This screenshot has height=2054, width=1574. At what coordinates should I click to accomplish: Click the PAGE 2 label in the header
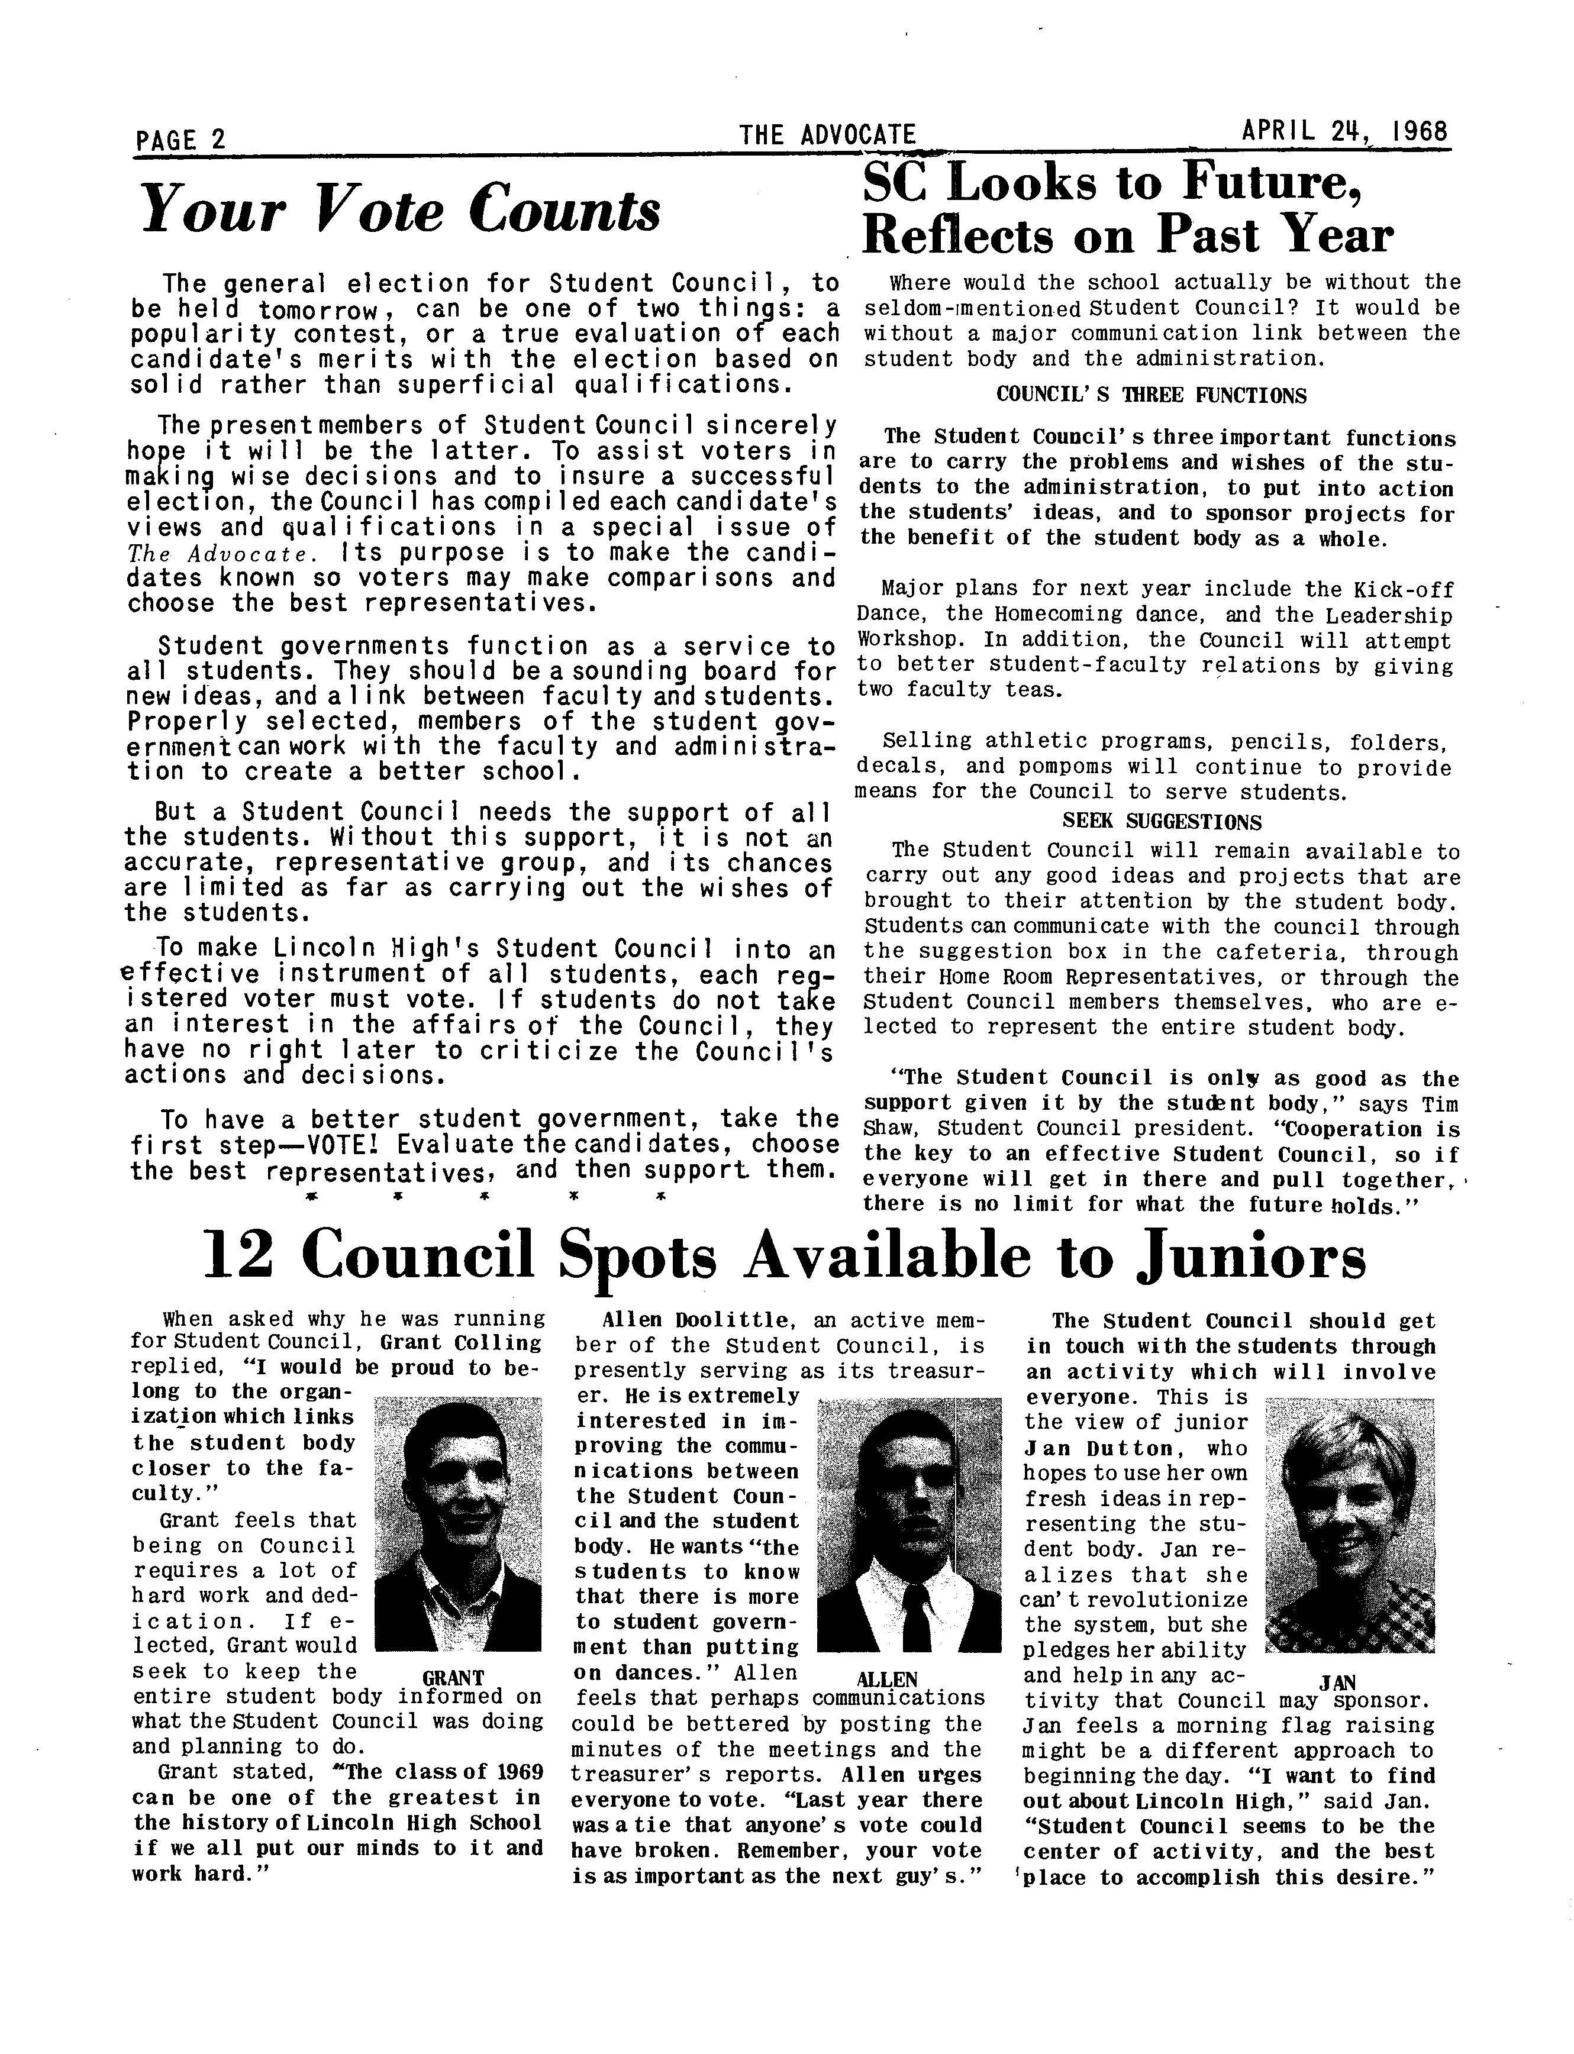point(181,140)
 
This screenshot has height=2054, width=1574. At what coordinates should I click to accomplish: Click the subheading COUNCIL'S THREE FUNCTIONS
point(1150,395)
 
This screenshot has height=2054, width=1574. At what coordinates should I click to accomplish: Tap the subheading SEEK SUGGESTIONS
point(1161,822)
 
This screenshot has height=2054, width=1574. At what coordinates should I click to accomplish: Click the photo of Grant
point(457,1524)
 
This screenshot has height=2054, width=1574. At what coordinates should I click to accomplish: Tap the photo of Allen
point(909,1524)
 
